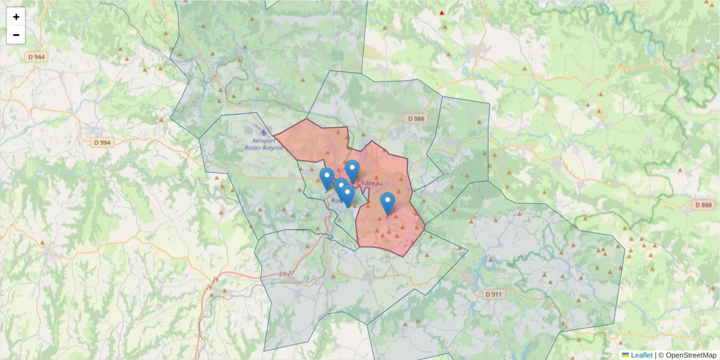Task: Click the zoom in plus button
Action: click(x=16, y=17)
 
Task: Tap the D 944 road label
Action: click(x=37, y=56)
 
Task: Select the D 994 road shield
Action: click(x=103, y=143)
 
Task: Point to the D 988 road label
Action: click(x=415, y=119)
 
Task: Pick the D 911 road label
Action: click(x=493, y=294)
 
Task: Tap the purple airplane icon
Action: click(x=263, y=131)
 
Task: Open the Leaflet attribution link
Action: click(x=641, y=355)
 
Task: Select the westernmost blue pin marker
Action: click(x=327, y=178)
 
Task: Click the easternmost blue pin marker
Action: click(x=388, y=203)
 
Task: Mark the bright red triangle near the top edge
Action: click(x=442, y=13)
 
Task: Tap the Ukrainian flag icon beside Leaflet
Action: click(x=626, y=355)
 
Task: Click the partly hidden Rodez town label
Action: click(x=336, y=201)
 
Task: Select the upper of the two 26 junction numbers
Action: click(x=215, y=280)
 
